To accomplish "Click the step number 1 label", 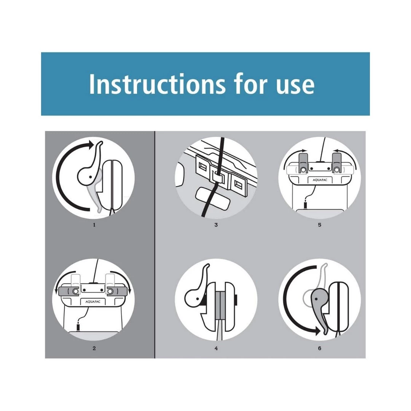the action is coord(94,225).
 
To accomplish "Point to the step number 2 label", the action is coord(94,348).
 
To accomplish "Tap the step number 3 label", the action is coord(216,225).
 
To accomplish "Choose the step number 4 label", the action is coord(216,348).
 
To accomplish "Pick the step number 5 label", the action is coord(320,225).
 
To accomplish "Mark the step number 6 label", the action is coord(320,348).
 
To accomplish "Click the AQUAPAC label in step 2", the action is coord(93,302).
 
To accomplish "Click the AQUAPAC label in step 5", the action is coord(320,180).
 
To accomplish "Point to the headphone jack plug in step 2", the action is coord(78,327).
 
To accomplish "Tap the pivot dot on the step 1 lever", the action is coord(91,177).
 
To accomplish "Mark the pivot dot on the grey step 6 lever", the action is coord(316,299).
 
